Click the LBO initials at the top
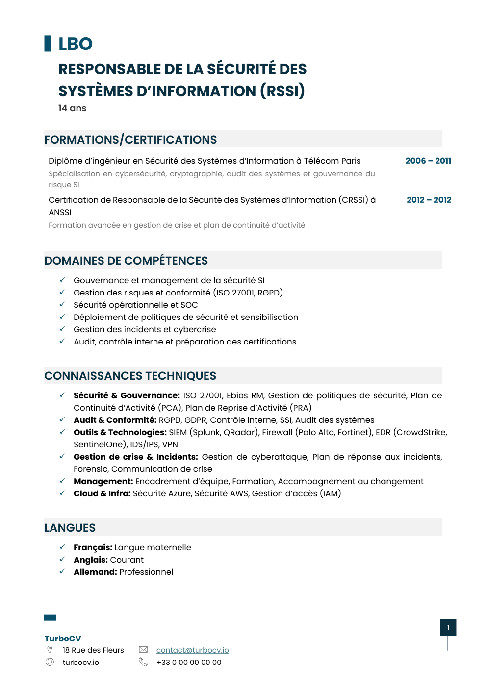coord(75,44)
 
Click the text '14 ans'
coord(72,108)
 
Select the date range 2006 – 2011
coord(428,161)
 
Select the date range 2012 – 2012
coord(429,200)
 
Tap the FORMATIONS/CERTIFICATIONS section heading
coord(130,140)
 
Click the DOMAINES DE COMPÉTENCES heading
coord(126,261)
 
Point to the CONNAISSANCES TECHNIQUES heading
coord(130,376)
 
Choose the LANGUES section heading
coord(70,528)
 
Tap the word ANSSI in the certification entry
coord(60,212)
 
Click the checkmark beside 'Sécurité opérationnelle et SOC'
coord(62,304)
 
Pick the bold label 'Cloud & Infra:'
coord(102,493)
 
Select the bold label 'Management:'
coord(103,481)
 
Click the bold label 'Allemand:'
coord(95,572)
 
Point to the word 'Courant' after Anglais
coord(127,560)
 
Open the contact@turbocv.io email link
coord(192,650)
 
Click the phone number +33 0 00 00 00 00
coord(189,663)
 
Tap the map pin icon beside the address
coord(50,650)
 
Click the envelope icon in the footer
coord(143,650)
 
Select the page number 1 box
coord(448,628)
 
